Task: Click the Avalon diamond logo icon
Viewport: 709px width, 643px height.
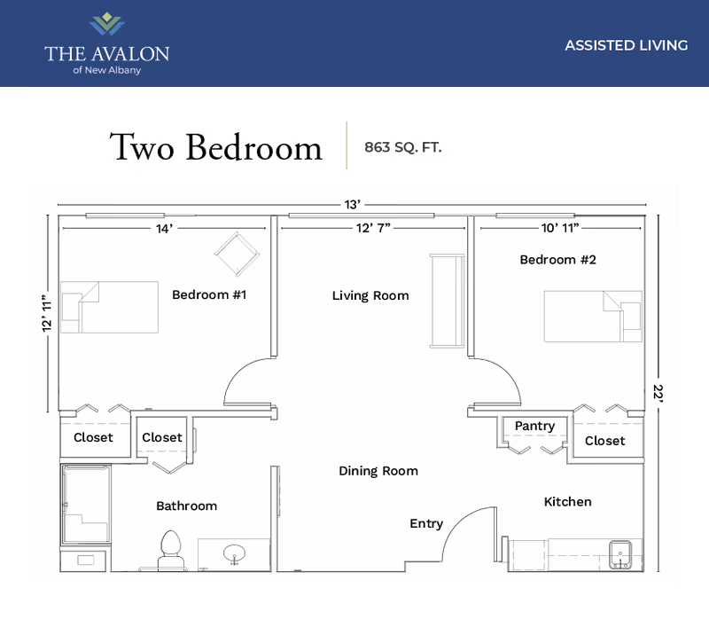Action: coord(106,24)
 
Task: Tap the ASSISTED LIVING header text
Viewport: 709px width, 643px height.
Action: coord(626,45)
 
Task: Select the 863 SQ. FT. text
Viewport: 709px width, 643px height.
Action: coord(403,147)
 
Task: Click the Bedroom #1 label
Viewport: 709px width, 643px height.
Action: coord(208,294)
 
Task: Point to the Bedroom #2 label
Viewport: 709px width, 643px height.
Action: coord(557,260)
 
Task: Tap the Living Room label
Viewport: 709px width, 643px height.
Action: coord(370,295)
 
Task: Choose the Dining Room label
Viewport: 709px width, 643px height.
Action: coord(378,471)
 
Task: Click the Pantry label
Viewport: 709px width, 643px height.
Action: coord(534,427)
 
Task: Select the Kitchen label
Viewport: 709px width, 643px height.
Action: coord(567,502)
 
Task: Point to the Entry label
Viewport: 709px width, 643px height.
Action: coord(426,524)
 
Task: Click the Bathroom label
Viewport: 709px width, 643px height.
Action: coord(186,506)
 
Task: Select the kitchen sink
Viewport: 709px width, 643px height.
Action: coord(622,554)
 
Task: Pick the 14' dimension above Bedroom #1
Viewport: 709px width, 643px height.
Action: coord(163,229)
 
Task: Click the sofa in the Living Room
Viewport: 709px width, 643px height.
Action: coord(445,301)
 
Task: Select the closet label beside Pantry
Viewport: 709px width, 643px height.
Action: coord(604,441)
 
